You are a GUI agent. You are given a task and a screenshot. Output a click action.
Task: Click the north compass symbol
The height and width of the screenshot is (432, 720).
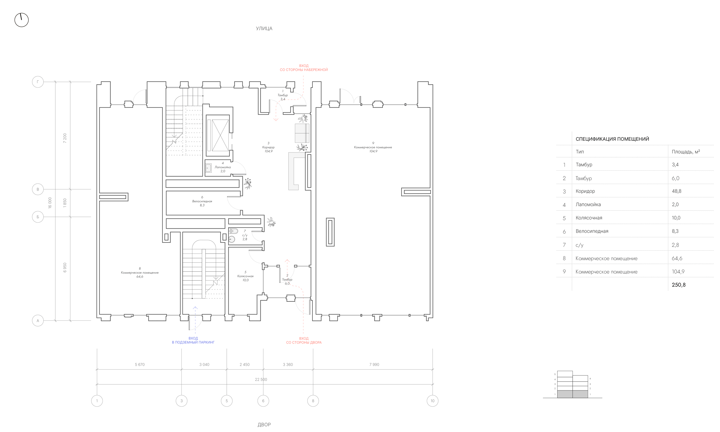(x=22, y=20)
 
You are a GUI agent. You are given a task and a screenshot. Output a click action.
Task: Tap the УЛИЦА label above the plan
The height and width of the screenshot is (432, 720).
(x=264, y=29)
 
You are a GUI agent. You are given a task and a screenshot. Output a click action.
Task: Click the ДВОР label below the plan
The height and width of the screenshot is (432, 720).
(x=264, y=425)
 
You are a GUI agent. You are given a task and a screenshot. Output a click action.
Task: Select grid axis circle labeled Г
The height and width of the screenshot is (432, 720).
(x=38, y=82)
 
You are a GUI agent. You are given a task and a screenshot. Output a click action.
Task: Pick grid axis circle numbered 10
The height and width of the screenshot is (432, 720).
(x=432, y=401)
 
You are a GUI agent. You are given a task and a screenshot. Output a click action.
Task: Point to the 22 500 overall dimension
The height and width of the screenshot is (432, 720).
(x=261, y=380)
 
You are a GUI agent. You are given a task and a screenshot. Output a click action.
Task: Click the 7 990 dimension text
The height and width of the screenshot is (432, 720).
(x=374, y=365)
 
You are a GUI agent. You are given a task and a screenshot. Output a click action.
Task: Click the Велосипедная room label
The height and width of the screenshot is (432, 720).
(x=202, y=201)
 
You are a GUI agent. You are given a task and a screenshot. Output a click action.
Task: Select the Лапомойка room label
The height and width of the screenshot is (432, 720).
(x=223, y=167)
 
